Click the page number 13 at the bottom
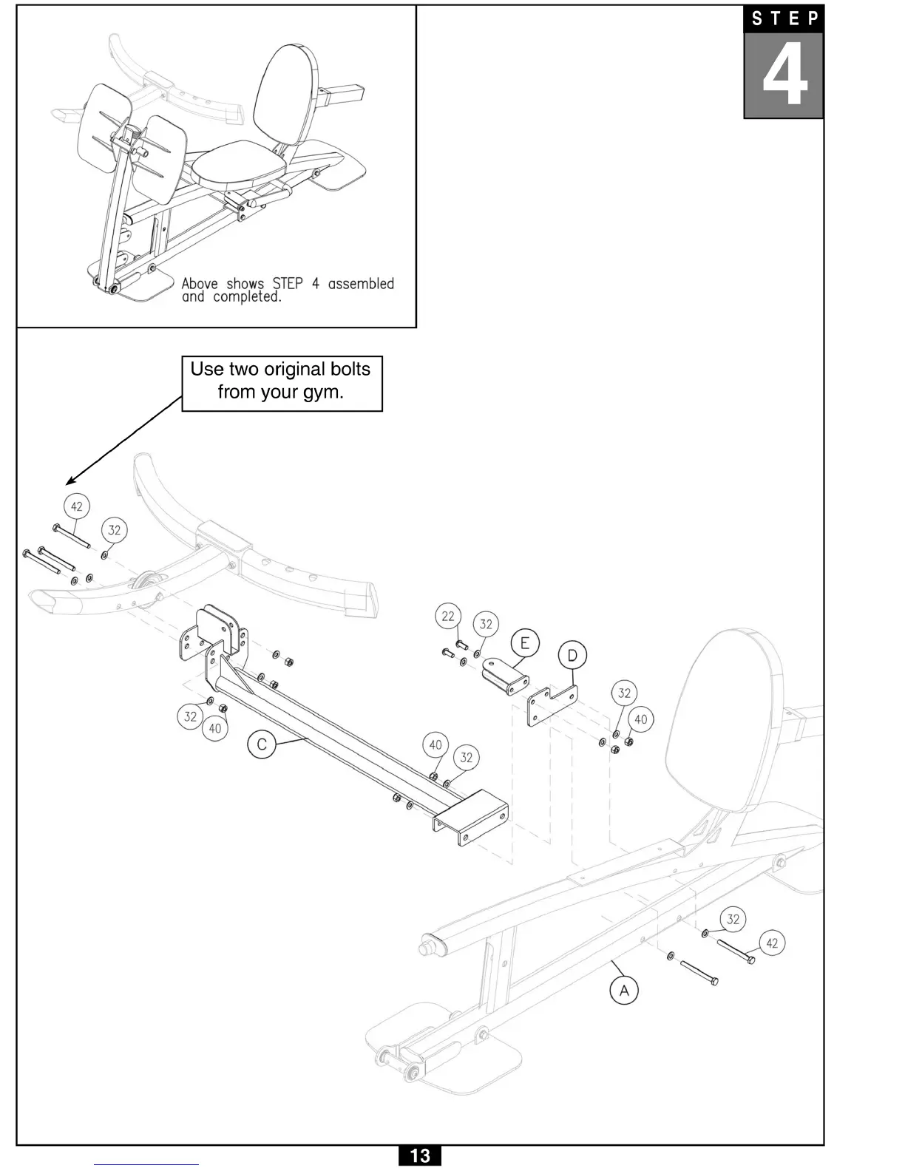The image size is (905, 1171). coord(419,1155)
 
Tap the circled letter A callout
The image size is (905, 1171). coord(624,990)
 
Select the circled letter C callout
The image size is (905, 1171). coord(261,744)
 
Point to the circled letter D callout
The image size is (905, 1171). coord(572,656)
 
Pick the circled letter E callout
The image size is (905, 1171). coord(524,642)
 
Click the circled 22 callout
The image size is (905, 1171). coord(448,616)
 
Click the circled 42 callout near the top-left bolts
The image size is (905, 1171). coord(77,506)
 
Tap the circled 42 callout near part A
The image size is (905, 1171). coord(772,943)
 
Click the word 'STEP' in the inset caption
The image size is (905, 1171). coord(288,284)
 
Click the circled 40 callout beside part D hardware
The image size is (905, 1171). coord(640,719)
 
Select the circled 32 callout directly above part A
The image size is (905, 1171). coord(733,919)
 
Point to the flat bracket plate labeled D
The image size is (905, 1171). coord(551,706)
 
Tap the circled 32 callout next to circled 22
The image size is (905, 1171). coord(485,624)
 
